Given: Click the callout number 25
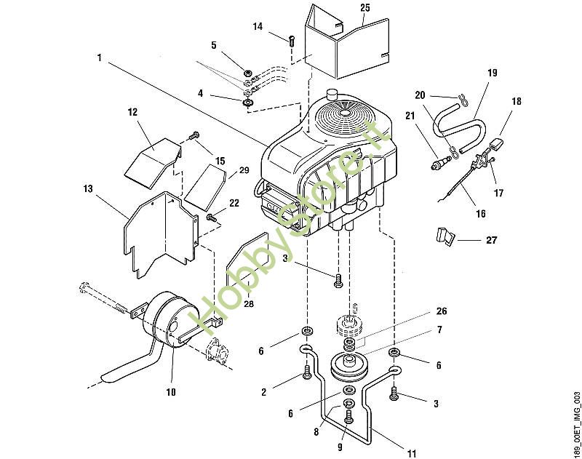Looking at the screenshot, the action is (x=365, y=7).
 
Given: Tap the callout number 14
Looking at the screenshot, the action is (x=258, y=26).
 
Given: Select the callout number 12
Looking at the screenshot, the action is (x=132, y=112).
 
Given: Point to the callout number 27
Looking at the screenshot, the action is (x=492, y=240).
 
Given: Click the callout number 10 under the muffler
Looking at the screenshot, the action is (x=171, y=392).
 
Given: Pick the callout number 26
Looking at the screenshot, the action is (x=442, y=311).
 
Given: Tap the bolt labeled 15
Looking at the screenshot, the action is (x=194, y=135).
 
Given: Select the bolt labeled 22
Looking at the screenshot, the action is (x=211, y=217).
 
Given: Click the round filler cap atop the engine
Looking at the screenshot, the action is (x=331, y=94).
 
